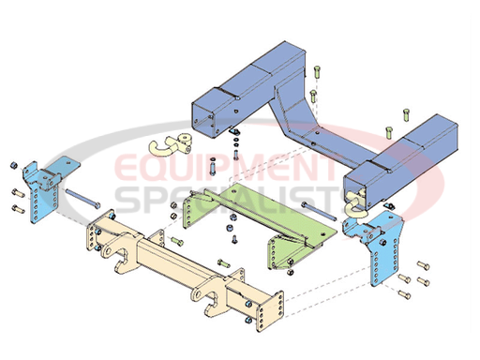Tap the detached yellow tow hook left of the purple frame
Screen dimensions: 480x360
click(x=172, y=144)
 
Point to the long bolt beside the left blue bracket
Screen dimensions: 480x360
click(x=82, y=198)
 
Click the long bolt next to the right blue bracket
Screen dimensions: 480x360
click(x=319, y=211)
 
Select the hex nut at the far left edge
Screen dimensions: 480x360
click(x=14, y=165)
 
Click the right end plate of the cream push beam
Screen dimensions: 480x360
click(x=270, y=311)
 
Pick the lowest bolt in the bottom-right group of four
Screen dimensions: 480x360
click(x=405, y=293)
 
